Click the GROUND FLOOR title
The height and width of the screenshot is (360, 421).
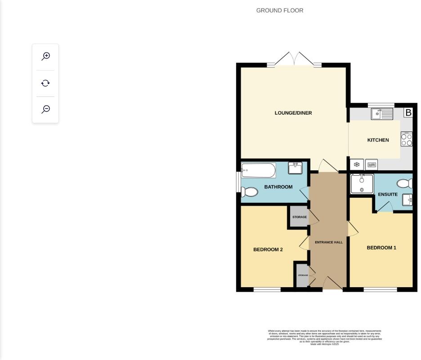tap(279, 10)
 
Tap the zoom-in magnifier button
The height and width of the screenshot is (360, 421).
tap(45, 56)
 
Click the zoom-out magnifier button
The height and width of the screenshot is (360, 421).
tap(45, 109)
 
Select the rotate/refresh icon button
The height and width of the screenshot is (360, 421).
tap(45, 83)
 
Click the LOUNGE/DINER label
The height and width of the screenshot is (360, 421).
tap(293, 113)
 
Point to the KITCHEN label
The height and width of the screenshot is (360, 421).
tap(378, 140)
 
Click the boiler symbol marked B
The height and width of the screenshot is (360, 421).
tap(408, 112)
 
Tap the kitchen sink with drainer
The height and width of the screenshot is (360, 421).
tap(382, 114)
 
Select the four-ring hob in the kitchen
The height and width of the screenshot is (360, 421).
tap(407, 139)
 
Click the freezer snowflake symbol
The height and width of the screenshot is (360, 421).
tap(357, 165)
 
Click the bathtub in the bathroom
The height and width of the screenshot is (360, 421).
tap(258, 170)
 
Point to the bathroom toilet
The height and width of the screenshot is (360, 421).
tap(249, 192)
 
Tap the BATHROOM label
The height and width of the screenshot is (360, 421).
tap(278, 187)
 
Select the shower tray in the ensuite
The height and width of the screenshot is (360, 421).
tap(362, 184)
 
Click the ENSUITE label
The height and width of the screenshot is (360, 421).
tap(387, 195)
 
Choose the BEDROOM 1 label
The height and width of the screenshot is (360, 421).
tap(381, 248)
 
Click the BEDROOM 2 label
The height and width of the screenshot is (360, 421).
tap(268, 249)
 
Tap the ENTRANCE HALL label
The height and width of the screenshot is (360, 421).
tap(328, 242)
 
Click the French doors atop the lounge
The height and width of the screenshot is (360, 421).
tap(294, 59)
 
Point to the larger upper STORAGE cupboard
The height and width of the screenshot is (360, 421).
tap(299, 217)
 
